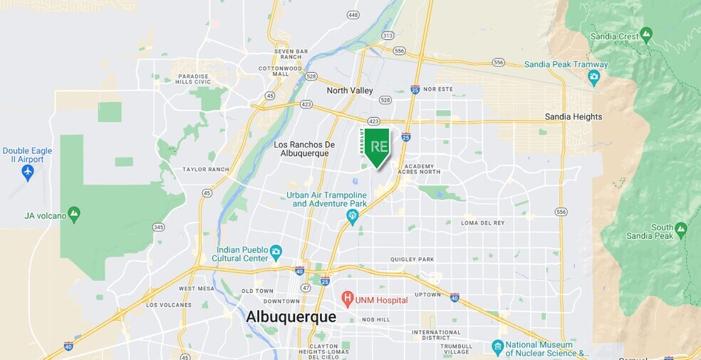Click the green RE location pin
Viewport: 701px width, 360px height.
(378, 146)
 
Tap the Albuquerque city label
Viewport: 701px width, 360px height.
(291, 317)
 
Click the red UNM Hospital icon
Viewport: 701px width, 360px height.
(348, 298)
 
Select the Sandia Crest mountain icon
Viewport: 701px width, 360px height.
(646, 33)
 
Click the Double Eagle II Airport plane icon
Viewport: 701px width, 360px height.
(28, 172)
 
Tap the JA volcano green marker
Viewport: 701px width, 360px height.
(74, 213)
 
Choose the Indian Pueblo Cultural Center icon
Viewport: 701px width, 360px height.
(276, 250)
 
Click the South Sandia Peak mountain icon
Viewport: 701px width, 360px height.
(680, 229)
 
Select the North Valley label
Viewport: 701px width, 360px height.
(349, 91)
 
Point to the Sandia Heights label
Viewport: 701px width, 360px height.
(573, 117)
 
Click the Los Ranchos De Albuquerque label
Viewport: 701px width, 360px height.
(301, 149)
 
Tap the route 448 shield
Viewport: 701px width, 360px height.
(353, 14)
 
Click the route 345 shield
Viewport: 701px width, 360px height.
(158, 227)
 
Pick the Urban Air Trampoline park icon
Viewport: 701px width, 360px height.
(352, 215)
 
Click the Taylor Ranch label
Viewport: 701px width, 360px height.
(205, 170)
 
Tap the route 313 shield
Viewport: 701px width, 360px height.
(388, 35)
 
